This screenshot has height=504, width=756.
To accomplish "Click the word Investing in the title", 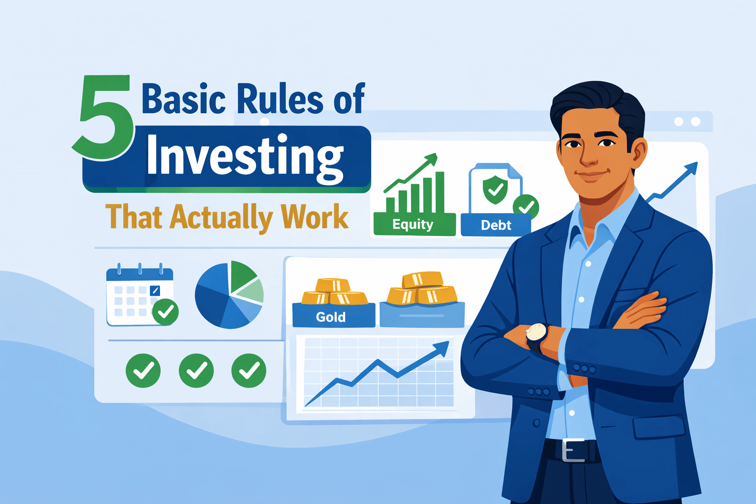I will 245,156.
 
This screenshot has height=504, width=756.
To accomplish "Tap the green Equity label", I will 413,225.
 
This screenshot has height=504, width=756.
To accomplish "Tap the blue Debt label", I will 496,225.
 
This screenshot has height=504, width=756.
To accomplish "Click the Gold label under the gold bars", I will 331,317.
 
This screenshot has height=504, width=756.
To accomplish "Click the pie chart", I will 229,294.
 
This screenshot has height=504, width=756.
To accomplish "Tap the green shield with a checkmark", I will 495,189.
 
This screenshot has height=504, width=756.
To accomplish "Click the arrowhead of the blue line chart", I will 442,347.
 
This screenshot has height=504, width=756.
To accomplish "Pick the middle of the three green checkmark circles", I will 196,371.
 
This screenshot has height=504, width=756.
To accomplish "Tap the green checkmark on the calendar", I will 165,312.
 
